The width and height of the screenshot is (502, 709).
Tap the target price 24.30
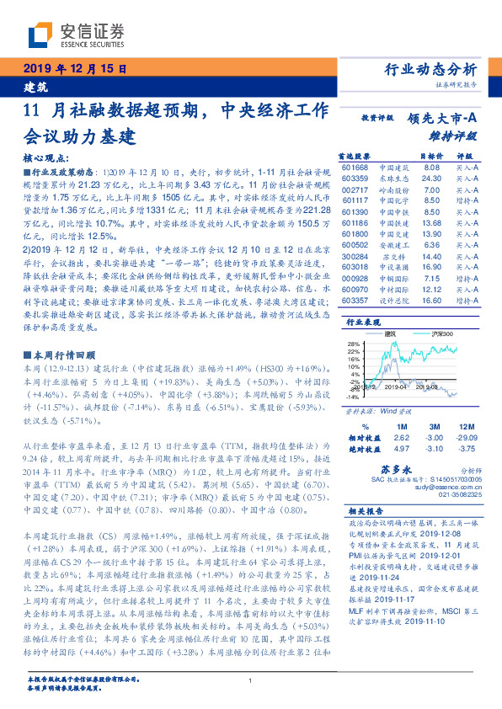click(x=431, y=179)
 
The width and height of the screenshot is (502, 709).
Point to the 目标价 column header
click(x=432, y=156)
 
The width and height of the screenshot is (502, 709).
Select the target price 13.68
click(x=431, y=222)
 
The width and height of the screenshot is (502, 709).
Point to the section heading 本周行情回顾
click(x=63, y=355)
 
